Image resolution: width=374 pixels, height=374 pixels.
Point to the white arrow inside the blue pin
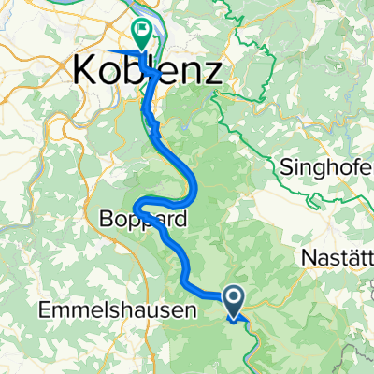click(x=234, y=297)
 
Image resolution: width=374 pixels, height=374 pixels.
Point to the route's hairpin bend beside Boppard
click(x=137, y=205)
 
